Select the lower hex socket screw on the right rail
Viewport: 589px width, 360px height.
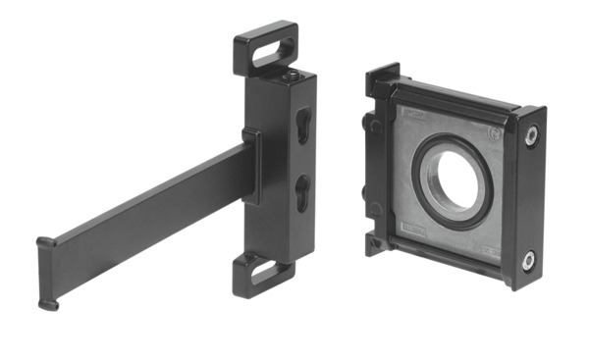coord(528,260)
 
